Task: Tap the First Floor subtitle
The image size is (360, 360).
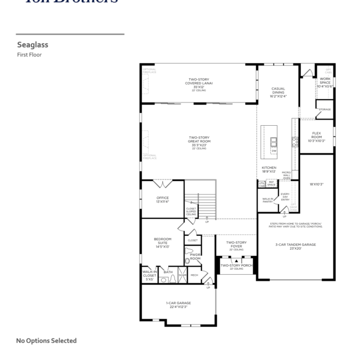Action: tap(29, 55)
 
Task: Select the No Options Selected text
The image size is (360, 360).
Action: tap(47, 341)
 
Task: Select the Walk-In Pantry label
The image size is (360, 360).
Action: tap(268, 199)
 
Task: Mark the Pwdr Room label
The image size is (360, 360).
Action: tap(195, 256)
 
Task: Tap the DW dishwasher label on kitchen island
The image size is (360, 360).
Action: tap(274, 151)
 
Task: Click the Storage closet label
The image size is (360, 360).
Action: tap(325, 110)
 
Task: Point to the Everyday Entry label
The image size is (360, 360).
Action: tap(285, 197)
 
